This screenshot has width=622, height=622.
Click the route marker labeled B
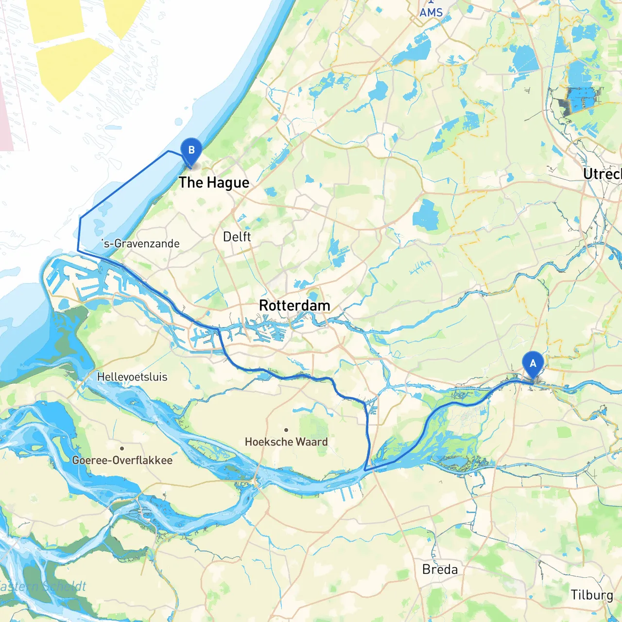(x=191, y=151)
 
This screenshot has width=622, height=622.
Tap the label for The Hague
(x=214, y=183)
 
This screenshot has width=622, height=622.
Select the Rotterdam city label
(x=294, y=306)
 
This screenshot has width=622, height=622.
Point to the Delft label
(x=237, y=237)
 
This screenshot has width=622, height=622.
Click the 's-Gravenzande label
(x=141, y=243)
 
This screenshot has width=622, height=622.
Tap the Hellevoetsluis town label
(x=132, y=377)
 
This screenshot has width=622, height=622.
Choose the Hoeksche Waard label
(x=286, y=442)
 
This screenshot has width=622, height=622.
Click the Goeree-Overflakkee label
(x=122, y=460)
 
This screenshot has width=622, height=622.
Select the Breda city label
(x=440, y=570)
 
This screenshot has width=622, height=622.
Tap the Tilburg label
(x=591, y=595)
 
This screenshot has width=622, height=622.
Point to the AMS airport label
(x=431, y=13)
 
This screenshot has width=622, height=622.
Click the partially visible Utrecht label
(x=603, y=174)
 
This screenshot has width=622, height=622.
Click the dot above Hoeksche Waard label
(x=286, y=430)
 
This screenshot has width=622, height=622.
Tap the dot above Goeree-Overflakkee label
(x=122, y=448)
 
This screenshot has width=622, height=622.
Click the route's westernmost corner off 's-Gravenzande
(x=78, y=250)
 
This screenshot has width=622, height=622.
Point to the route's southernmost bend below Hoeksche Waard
(x=365, y=470)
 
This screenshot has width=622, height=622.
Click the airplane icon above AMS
(x=431, y=2)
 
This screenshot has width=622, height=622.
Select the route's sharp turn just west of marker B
(x=169, y=151)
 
